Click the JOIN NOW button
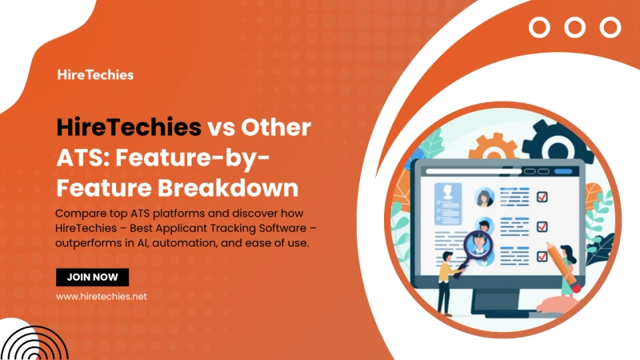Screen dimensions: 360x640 point(92,277)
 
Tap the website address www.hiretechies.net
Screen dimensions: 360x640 point(101,296)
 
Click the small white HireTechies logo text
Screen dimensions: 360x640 point(95,74)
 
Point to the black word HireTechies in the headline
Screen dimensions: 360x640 point(128,128)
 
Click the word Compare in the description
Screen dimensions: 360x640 point(81,214)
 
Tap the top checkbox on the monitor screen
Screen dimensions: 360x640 point(542,194)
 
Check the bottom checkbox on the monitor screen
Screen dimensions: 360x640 point(542,256)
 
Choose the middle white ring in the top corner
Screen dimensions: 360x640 point(575,27)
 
